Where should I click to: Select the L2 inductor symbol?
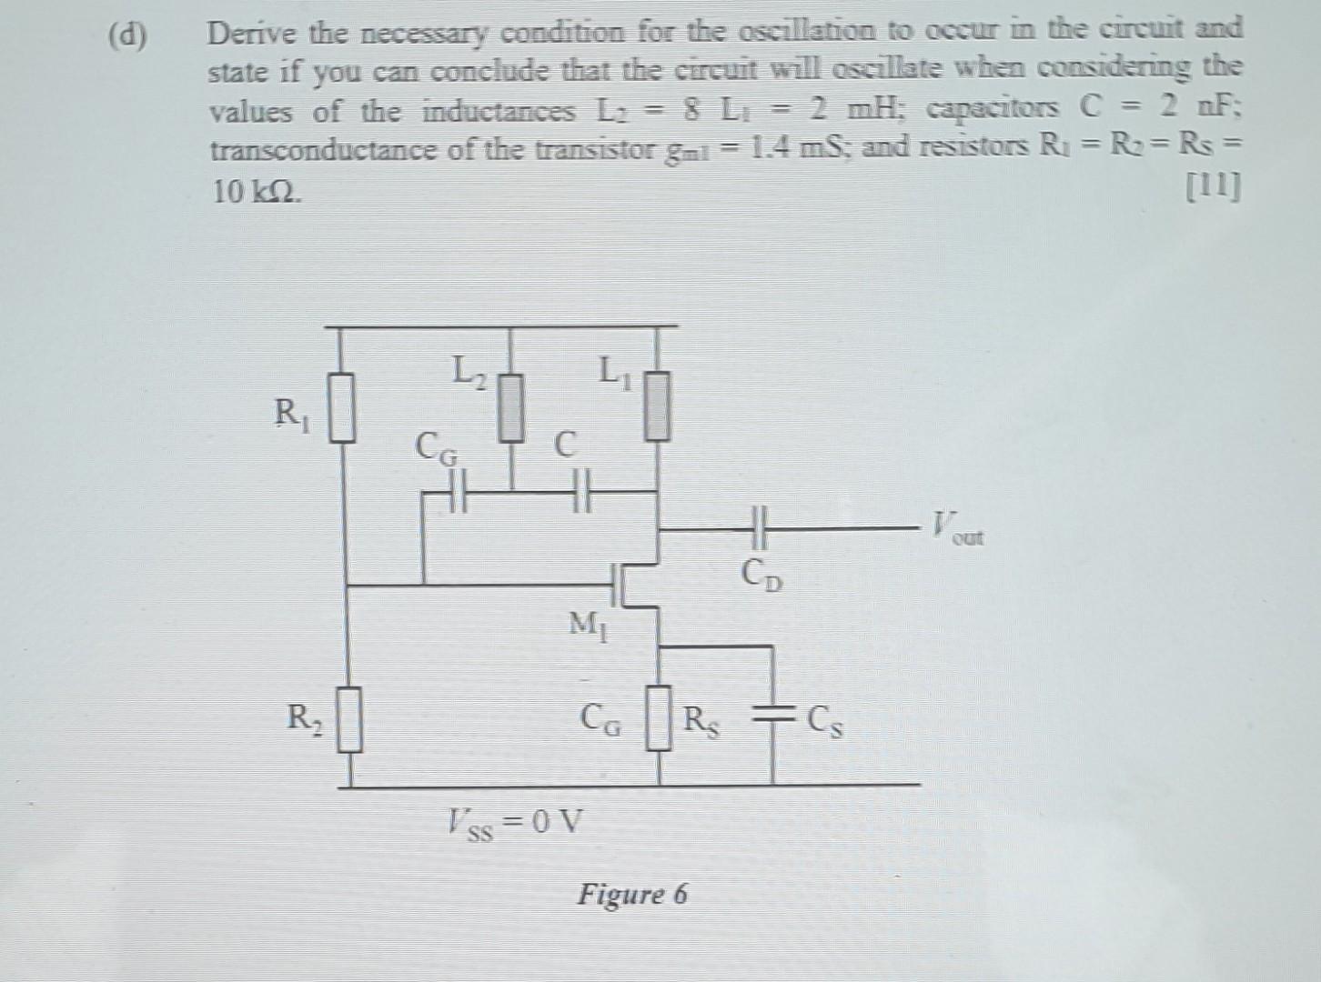[512, 407]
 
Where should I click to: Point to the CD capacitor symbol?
[761, 526]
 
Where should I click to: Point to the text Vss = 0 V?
[515, 824]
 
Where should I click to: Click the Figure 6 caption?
[632, 894]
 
